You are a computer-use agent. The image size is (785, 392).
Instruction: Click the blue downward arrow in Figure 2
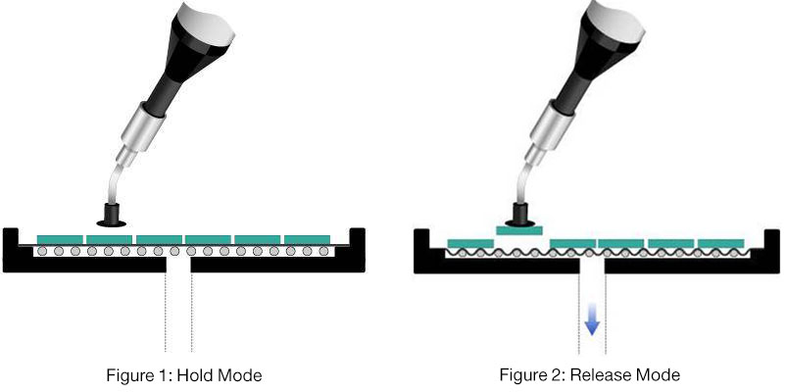(591, 319)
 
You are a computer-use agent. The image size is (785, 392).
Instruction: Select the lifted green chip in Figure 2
(519, 230)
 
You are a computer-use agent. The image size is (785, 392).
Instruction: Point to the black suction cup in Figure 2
(518, 215)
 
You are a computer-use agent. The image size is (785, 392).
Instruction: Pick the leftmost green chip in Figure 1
(60, 239)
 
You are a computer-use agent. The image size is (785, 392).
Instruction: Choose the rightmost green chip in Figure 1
(308, 239)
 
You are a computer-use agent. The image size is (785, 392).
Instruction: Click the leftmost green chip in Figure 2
(470, 242)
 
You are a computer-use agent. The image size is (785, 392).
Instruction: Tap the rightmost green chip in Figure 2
(720, 242)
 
